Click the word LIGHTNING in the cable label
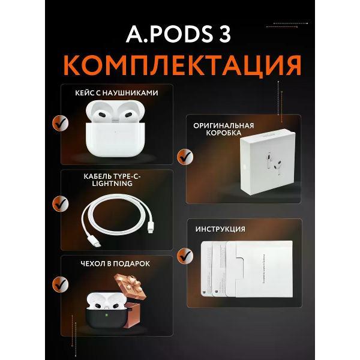pyautogui.click(x=118, y=184)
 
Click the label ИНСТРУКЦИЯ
pyautogui.click(x=220, y=229)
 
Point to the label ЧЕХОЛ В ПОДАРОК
pyautogui.click(x=117, y=263)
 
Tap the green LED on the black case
pyautogui.click(x=107, y=313)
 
